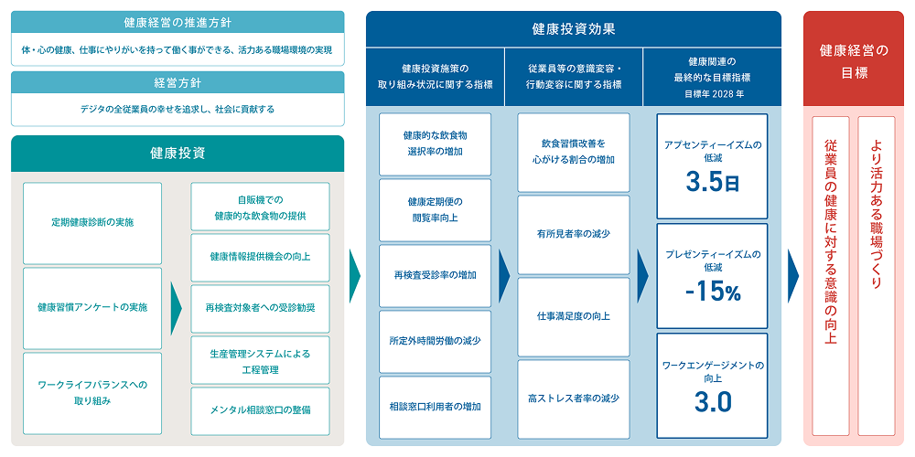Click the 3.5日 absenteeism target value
tap(711, 183)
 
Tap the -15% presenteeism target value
tap(711, 292)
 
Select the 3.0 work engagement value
tap(711, 401)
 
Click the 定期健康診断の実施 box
tap(92, 222)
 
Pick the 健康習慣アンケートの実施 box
tap(92, 307)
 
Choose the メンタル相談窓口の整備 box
tap(260, 409)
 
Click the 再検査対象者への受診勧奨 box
tap(260, 307)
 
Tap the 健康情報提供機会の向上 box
tap(260, 256)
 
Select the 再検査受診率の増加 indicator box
tap(435, 274)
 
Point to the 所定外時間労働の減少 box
tap(435, 340)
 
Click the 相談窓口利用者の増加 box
tap(435, 406)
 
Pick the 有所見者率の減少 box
tap(574, 234)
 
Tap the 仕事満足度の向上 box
tap(574, 316)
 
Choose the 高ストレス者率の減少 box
tap(574, 399)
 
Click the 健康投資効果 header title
tap(574, 28)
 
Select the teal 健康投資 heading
tap(178, 154)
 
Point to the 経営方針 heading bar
tap(178, 82)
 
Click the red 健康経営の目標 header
tap(854, 60)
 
